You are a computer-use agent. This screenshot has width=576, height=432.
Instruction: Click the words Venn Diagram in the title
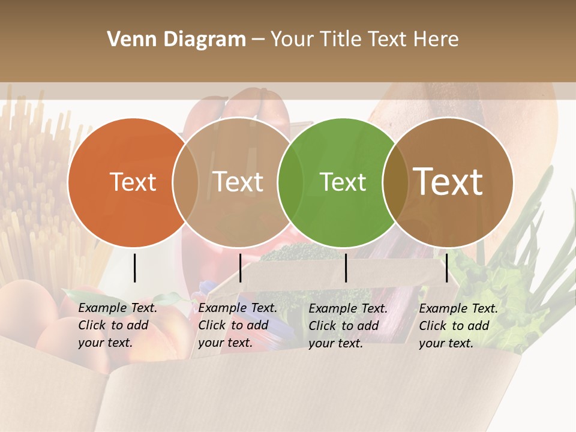coord(176,40)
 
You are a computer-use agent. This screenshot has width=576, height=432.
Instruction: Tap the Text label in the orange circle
coord(133,182)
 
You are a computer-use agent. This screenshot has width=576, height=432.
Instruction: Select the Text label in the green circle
coord(343,182)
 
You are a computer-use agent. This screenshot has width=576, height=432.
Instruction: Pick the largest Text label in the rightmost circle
coord(448,181)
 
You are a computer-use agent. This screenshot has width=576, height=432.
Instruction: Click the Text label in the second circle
coord(238,182)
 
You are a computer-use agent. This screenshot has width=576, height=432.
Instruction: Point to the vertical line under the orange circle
coord(135,268)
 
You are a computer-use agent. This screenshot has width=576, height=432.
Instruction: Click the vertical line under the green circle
coord(346,268)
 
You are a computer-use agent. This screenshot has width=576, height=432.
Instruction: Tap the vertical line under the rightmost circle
coord(446,268)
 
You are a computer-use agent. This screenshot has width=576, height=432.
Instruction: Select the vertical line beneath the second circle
coord(241,268)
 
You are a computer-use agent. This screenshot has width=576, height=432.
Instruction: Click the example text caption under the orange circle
coord(118,325)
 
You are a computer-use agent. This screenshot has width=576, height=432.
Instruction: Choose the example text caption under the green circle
coord(348,325)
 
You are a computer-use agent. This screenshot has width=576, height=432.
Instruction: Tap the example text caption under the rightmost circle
coord(458,325)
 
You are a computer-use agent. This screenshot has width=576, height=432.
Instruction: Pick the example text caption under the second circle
coord(238,325)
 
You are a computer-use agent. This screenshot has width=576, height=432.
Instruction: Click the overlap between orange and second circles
coord(185,182)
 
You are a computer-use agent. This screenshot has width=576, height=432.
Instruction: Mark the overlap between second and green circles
coord(290,182)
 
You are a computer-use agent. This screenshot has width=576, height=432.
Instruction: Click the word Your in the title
coord(293,40)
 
